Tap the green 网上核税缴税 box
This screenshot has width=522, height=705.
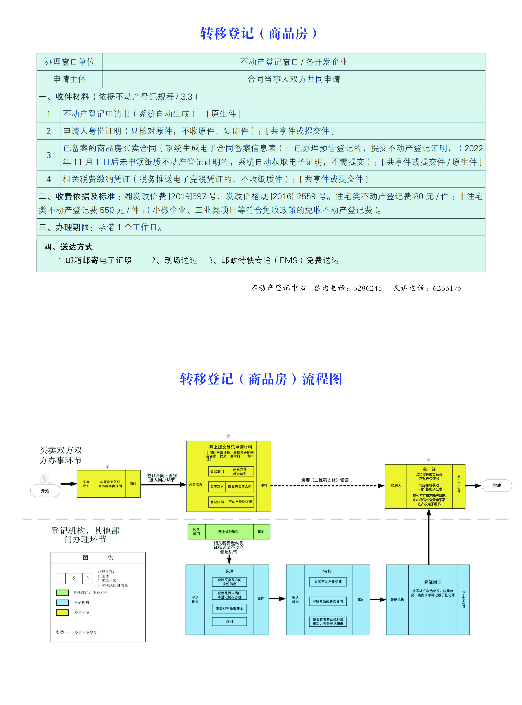pos(229,532)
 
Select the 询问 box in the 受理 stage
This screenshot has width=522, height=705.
pos(229,621)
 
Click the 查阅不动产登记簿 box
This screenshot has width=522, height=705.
pos(328,582)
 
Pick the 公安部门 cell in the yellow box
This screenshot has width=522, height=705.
pos(217,471)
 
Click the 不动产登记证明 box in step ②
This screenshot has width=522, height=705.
pos(240,502)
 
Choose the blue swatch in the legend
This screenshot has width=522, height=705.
pos(62,602)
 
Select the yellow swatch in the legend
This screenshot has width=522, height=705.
pos(62,612)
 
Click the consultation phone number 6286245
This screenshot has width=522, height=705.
pos(368,288)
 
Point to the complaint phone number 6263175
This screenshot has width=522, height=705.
pos(447,288)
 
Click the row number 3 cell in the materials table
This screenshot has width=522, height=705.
pos(49,155)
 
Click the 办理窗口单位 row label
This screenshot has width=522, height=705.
pos(69,62)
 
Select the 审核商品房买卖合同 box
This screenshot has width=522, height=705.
pos(328,601)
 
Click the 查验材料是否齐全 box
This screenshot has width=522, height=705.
pos(229,608)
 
